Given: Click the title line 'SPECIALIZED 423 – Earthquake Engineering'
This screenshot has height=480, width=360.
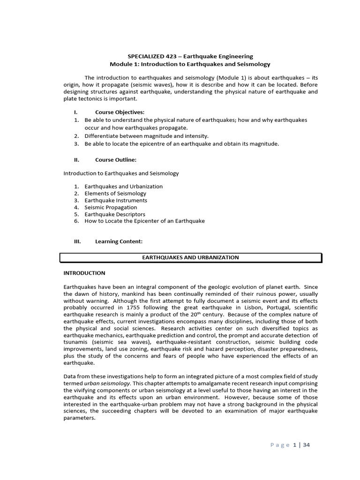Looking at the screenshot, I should (190, 56).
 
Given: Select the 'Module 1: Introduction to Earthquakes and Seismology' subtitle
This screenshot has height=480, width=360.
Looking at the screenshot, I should (190, 64).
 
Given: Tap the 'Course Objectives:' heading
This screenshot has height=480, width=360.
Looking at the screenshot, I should (120, 112).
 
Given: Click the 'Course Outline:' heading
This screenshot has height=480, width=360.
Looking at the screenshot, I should (116, 159).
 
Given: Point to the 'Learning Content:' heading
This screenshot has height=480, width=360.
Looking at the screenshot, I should (119, 241).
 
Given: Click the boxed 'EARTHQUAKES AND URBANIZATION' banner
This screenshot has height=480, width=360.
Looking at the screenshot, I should (190, 257).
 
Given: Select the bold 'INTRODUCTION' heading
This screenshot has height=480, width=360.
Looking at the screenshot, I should (84, 273).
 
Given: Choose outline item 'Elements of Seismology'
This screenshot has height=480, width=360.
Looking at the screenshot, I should (115, 193).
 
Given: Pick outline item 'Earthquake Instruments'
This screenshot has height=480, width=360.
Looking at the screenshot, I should (116, 200).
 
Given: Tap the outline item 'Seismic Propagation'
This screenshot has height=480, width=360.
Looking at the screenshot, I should (111, 207).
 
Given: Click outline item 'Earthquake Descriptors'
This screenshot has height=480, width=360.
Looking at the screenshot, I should (115, 214).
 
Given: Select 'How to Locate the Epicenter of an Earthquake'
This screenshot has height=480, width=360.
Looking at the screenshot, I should (144, 221).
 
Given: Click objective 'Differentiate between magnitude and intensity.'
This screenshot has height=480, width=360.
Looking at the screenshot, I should (146, 136).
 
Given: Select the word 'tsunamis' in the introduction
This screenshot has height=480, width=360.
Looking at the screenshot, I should (75, 342).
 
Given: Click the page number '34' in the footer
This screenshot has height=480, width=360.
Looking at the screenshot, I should (306, 445).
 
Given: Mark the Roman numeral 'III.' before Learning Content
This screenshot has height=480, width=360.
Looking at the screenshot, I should (77, 241).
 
